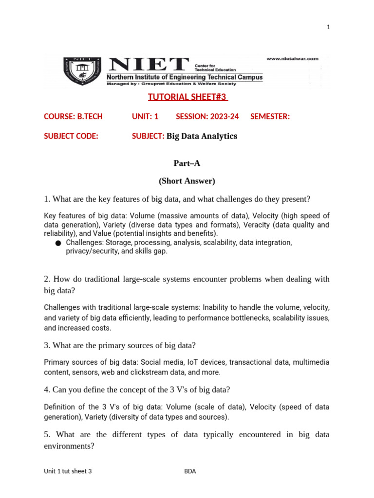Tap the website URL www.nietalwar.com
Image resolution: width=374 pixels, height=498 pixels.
click(292, 58)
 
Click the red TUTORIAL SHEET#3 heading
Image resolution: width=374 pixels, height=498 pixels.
click(187, 97)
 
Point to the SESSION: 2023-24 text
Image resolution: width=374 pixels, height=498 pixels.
click(207, 117)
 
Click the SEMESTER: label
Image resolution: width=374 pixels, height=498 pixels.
click(270, 117)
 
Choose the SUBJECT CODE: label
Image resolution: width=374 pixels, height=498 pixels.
click(71, 136)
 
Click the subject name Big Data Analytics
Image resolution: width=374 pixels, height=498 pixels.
click(202, 136)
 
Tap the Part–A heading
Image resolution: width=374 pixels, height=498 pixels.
click(187, 163)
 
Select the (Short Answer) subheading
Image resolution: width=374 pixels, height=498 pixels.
click(187, 181)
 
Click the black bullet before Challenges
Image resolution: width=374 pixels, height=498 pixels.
click(58, 243)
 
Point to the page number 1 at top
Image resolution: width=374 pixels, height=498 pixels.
click(328, 27)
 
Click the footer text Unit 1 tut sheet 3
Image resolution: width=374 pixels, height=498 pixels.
click(68, 471)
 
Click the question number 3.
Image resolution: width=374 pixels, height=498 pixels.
click(46, 346)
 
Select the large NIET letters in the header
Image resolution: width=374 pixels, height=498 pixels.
click(149, 65)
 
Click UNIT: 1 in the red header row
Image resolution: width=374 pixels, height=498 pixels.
click(145, 117)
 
